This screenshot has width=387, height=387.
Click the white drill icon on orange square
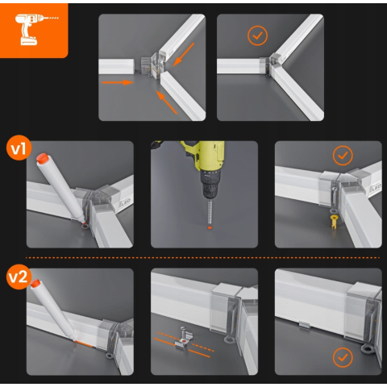(x=34, y=29)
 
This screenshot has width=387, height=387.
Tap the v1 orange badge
(x=19, y=148)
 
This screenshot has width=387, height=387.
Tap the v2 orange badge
(x=19, y=277)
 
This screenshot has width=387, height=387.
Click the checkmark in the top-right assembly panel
(x=257, y=35)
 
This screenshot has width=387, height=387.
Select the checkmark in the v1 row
(x=343, y=156)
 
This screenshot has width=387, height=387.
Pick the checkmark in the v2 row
(x=343, y=357)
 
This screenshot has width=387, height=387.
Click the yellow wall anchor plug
(x=334, y=222)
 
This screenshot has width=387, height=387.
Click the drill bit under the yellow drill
(x=210, y=211)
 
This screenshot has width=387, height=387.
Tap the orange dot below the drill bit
(x=210, y=227)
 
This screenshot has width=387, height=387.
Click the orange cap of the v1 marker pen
(x=42, y=158)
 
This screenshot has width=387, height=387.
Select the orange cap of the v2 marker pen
(x=35, y=284)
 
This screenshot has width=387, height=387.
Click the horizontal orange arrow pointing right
(x=118, y=82)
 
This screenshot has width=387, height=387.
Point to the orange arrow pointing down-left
(x=183, y=55)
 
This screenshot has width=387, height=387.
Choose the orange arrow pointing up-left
(x=167, y=102)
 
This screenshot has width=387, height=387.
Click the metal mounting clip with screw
(x=184, y=337)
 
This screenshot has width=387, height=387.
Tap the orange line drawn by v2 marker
(x=84, y=343)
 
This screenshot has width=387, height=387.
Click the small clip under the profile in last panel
(x=306, y=325)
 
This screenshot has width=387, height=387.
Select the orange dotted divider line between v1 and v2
(x=203, y=258)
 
